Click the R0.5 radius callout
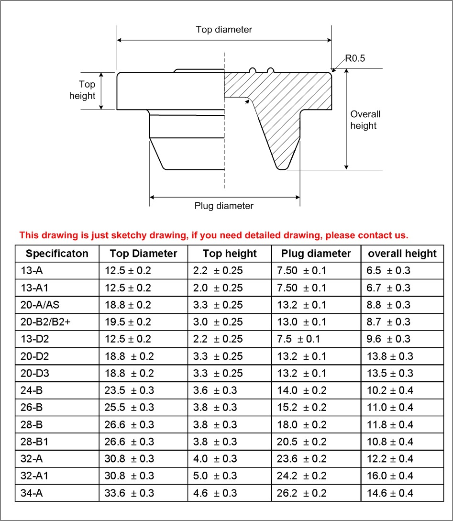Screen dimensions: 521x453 (355, 58)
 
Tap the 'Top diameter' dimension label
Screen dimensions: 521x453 (224, 30)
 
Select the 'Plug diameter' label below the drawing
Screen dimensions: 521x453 (224, 206)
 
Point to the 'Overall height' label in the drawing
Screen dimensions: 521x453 (365, 120)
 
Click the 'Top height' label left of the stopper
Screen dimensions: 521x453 (83, 90)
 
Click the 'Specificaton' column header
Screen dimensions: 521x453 (57, 254)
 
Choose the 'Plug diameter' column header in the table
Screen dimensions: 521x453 (316, 254)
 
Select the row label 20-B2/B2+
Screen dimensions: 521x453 (45, 322)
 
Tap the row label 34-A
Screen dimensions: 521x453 (32, 493)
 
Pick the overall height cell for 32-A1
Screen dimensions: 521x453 (390, 476)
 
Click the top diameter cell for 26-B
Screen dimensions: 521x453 (130, 408)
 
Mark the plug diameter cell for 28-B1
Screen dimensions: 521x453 (301, 442)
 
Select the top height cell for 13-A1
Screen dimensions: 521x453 (218, 288)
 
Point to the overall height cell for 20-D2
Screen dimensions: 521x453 (390, 356)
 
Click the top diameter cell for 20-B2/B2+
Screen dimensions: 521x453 (128, 322)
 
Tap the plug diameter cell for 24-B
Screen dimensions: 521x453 (301, 390)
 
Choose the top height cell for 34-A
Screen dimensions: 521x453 (215, 493)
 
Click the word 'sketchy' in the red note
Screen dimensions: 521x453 (121, 235)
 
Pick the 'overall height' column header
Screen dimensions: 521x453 (402, 254)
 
